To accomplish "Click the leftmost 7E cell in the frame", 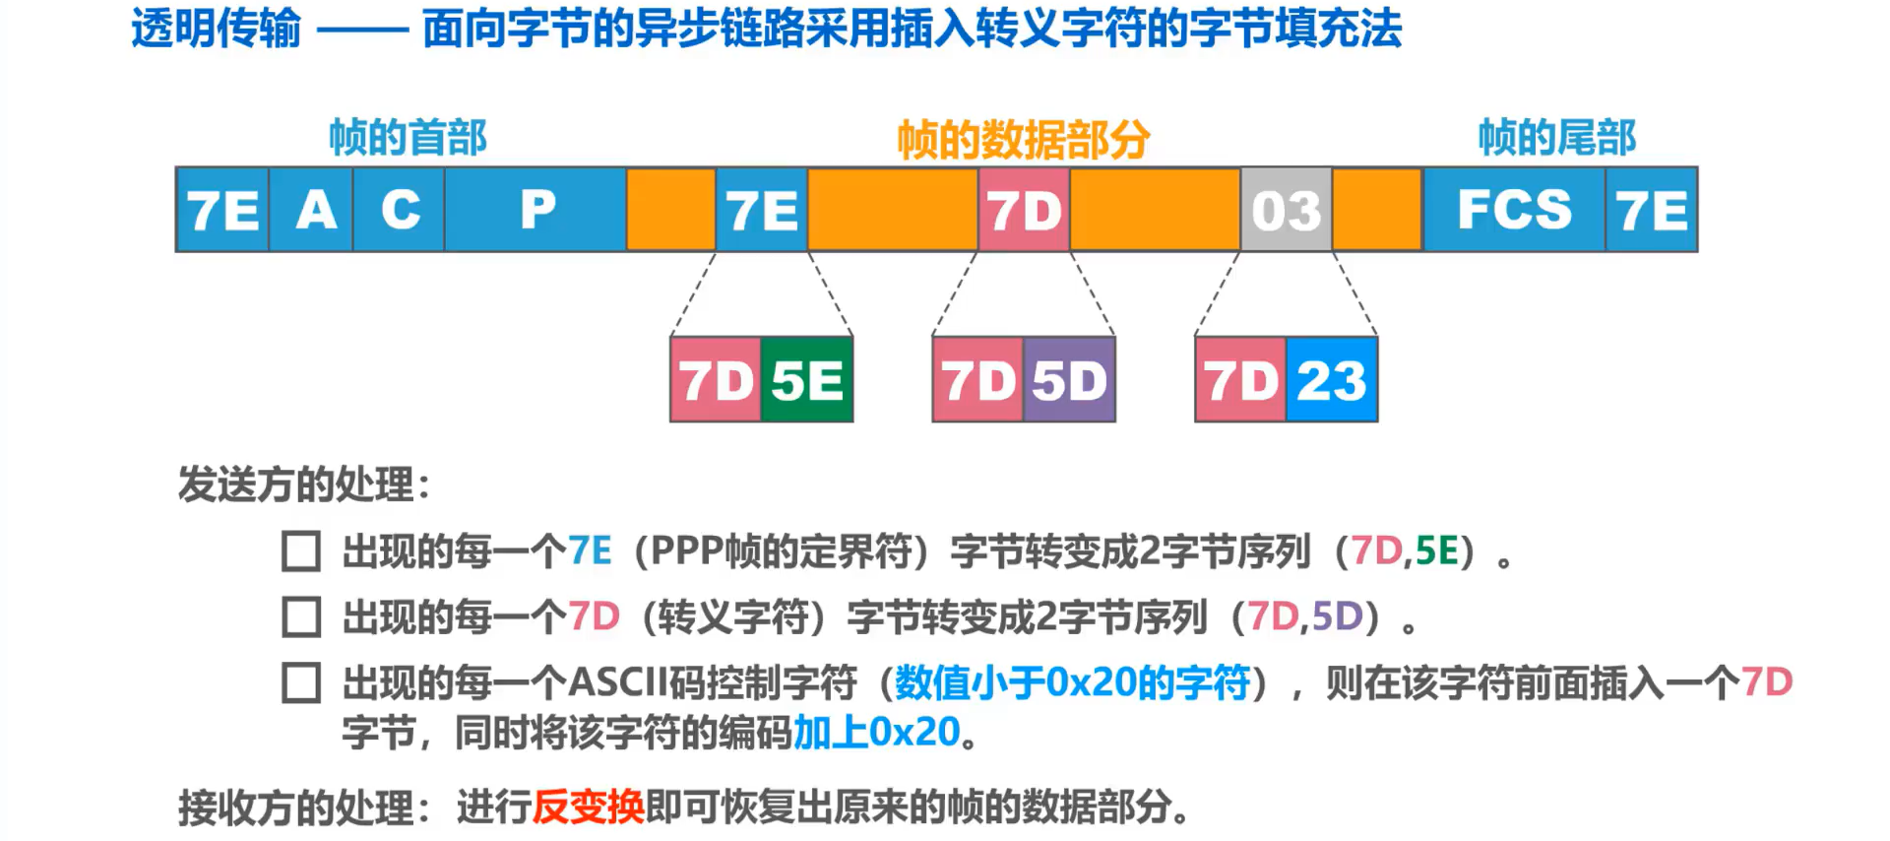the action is coord(222,210).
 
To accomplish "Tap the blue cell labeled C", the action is coord(400,210).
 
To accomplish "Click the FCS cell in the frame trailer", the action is coord(1514,210).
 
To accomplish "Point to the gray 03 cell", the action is coord(1286,210).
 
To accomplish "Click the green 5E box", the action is coord(807,380).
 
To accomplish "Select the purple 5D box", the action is coord(1069,380).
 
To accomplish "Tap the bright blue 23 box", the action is coord(1332,380).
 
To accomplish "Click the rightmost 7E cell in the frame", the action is coord(1652,210).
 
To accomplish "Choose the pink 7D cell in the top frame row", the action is coord(1024,210).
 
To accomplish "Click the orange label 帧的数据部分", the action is coord(1024,140).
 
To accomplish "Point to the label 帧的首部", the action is coord(408,138).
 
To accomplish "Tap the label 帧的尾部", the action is coord(1557,138).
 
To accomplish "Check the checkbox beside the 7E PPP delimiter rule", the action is coord(301,551).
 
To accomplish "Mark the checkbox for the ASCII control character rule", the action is coord(301,682).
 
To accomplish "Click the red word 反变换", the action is coord(589,808).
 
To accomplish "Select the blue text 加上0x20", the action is coord(876,733).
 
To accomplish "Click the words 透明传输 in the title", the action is coord(217,29).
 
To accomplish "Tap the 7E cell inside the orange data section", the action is coord(762,210).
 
